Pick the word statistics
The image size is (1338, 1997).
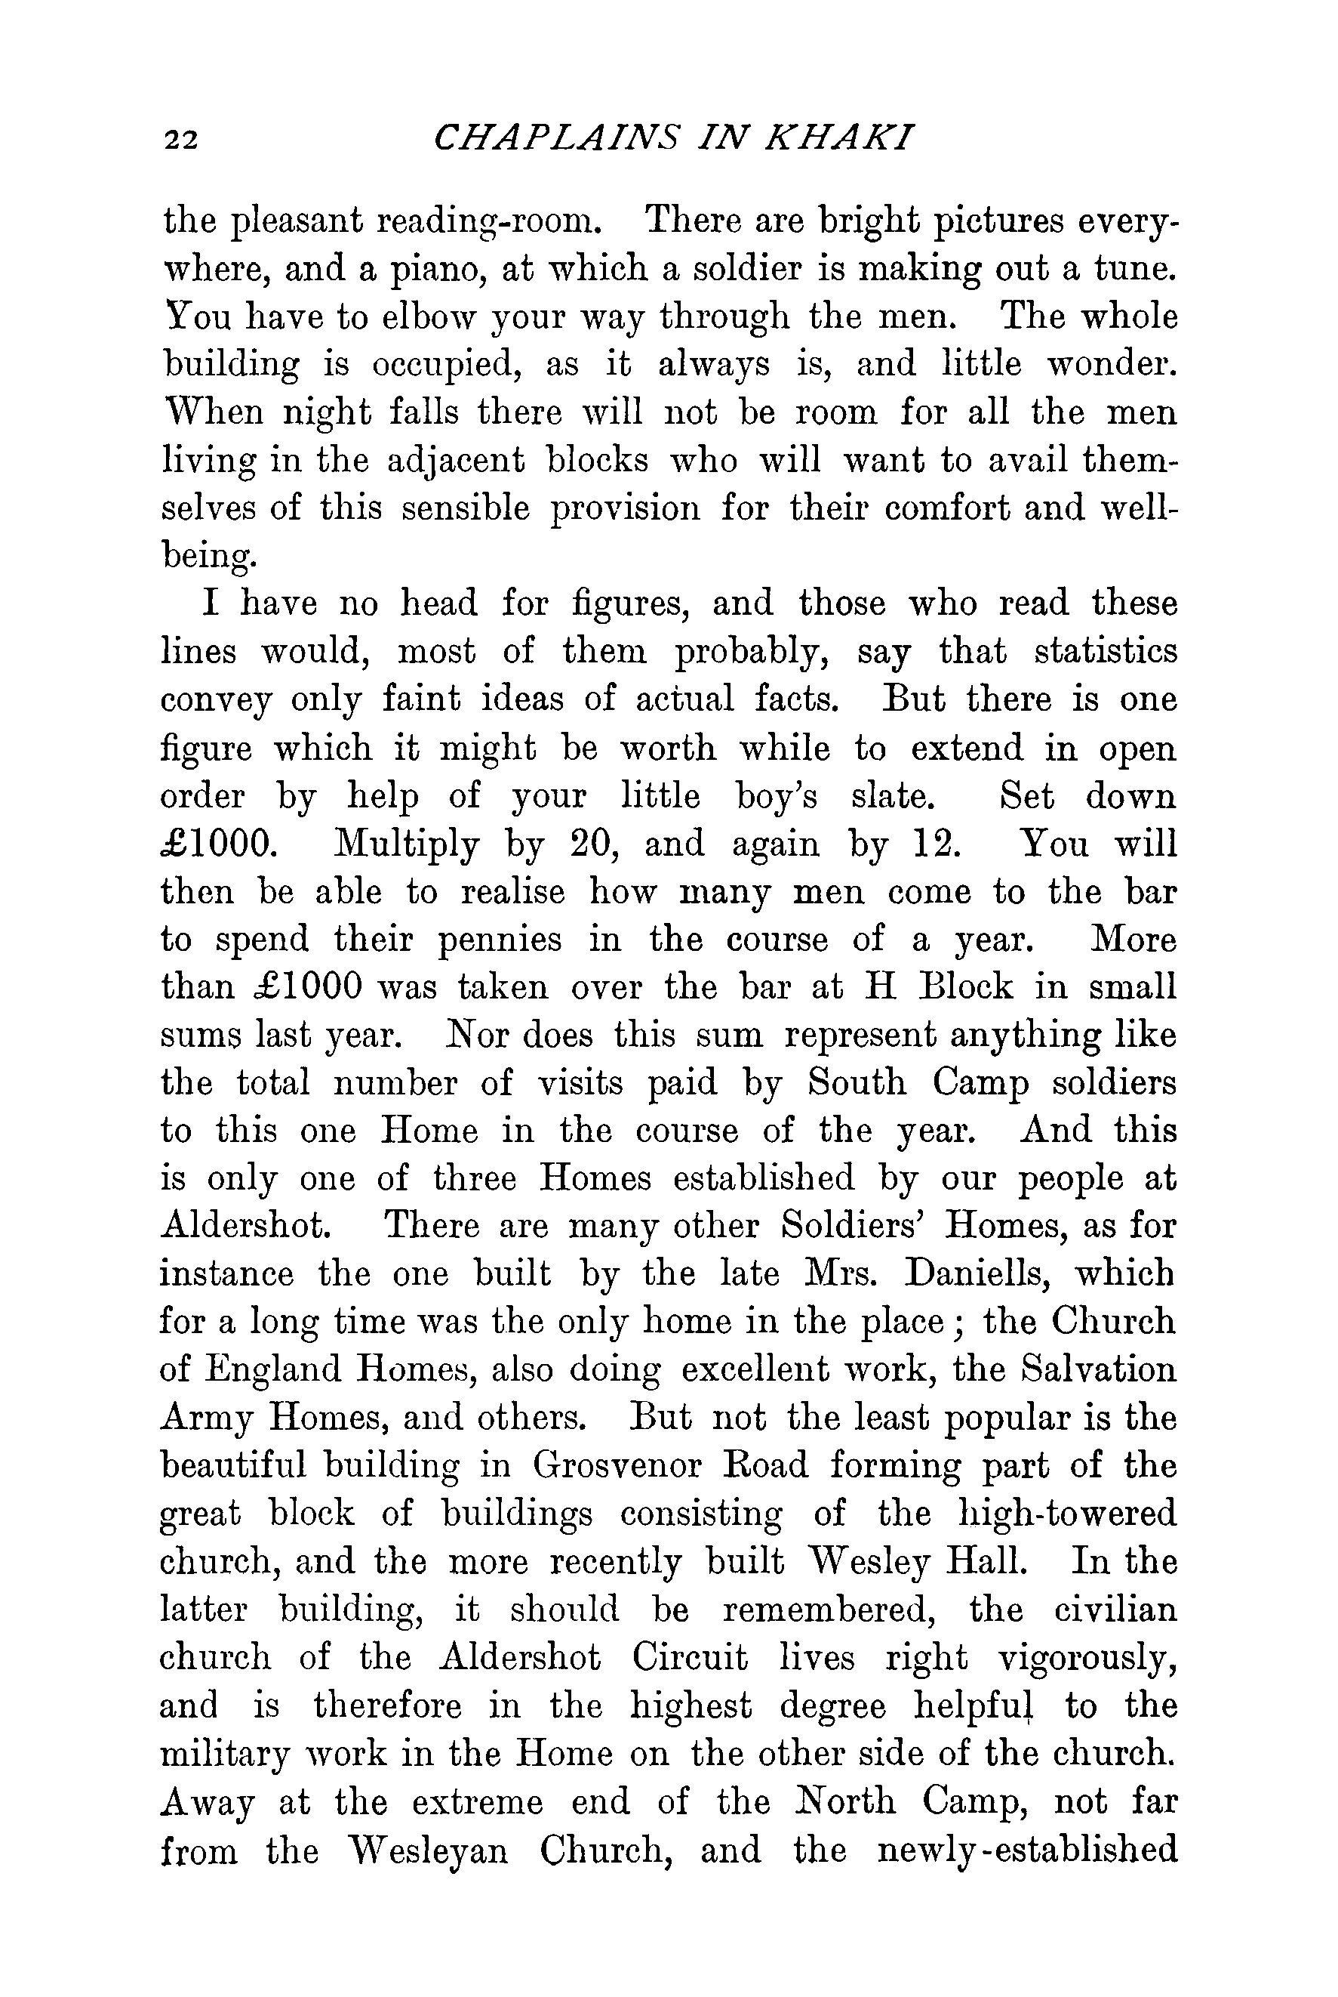tap(1105, 653)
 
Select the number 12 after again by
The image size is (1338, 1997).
tap(937, 844)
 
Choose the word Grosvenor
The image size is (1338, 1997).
tap(617, 1466)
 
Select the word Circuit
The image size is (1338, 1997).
tap(691, 1657)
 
